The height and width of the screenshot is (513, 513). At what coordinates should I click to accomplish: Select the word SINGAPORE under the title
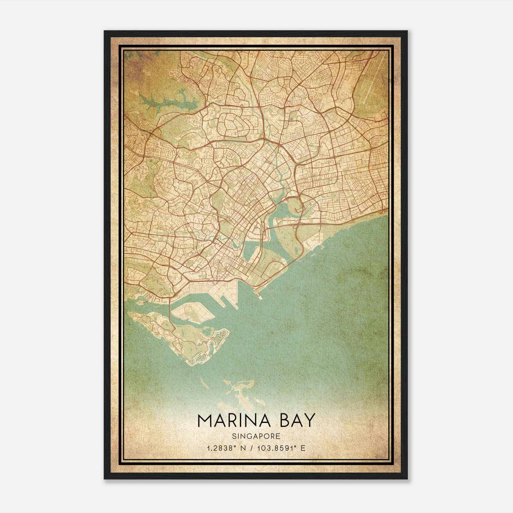(x=256, y=436)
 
